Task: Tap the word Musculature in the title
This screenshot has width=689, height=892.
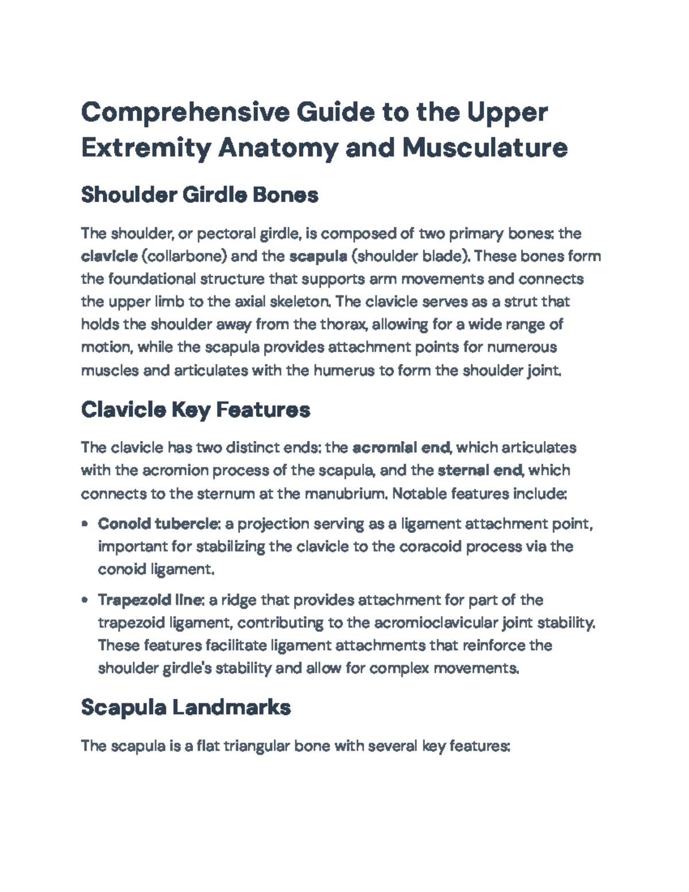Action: click(485, 148)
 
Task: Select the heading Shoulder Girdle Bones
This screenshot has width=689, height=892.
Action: click(199, 195)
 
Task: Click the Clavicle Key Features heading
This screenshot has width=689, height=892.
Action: click(195, 410)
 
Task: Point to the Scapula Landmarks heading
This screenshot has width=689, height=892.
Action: click(185, 707)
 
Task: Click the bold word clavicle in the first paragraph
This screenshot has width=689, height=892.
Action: click(109, 256)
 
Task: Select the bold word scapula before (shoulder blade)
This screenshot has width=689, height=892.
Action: click(318, 256)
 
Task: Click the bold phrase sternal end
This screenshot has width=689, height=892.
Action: click(480, 470)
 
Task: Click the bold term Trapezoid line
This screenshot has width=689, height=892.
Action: click(150, 600)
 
